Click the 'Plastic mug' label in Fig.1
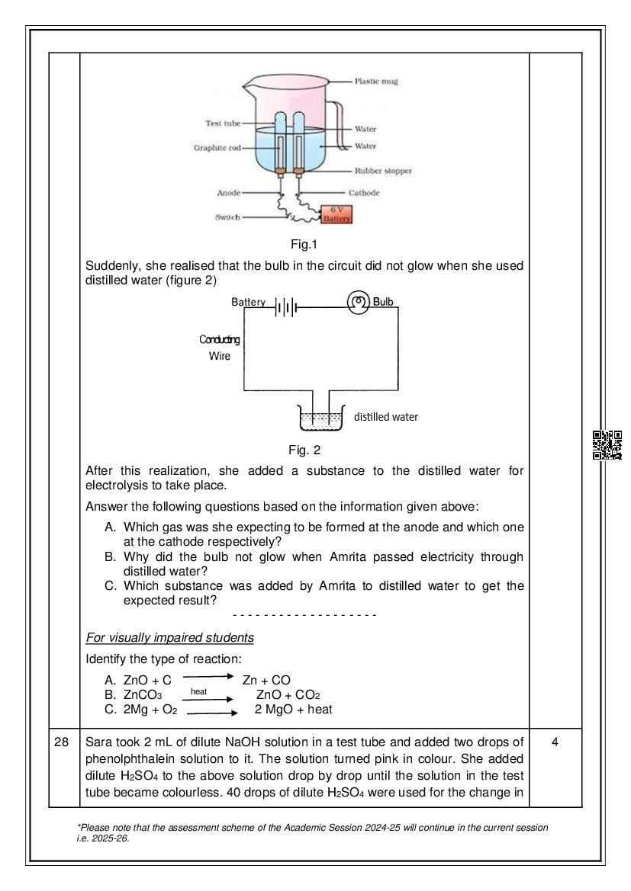(376, 81)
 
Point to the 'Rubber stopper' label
(383, 171)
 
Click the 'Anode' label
(229, 194)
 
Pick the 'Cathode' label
(364, 193)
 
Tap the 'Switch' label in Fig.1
(227, 217)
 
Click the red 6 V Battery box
(336, 214)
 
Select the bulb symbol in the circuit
(358, 302)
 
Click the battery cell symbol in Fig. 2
(284, 307)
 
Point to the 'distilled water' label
(385, 417)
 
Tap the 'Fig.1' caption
(304, 245)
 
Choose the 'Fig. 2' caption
(304, 450)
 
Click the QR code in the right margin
(607, 444)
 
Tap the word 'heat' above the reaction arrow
(198, 691)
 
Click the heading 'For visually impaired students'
(169, 637)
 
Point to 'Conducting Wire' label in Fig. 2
(220, 348)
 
